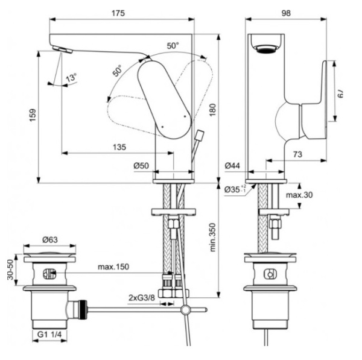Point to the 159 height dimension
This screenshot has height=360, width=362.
(x=33, y=113)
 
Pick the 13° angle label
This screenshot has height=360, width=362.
(x=72, y=78)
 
